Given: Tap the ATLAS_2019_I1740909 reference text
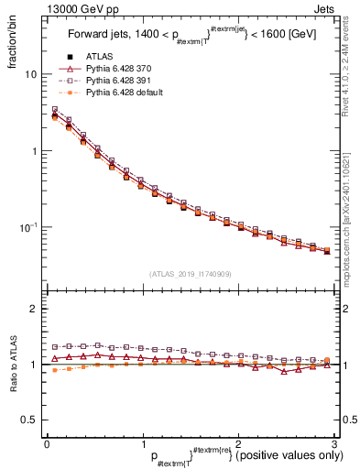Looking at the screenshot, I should tap(190, 274).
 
